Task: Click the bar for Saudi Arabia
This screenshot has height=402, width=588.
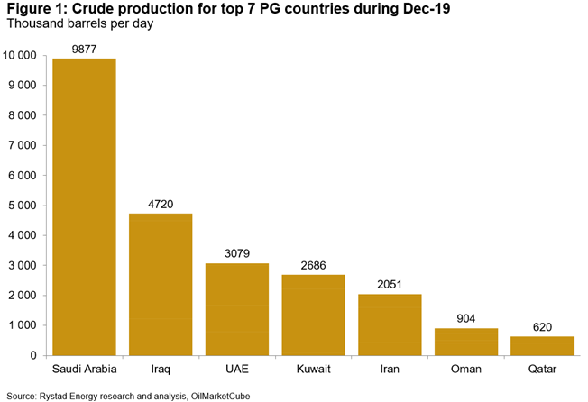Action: click(84, 206)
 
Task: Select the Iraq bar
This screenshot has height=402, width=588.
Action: click(161, 284)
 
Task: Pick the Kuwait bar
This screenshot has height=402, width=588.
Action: click(313, 315)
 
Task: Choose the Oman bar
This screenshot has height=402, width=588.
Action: click(466, 342)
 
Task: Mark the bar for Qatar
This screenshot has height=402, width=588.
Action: click(542, 346)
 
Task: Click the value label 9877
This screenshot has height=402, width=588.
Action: click(84, 49)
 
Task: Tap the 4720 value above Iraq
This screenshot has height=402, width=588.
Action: click(161, 204)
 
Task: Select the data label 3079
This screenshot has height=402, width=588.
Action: click(237, 253)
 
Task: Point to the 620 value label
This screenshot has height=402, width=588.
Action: click(542, 327)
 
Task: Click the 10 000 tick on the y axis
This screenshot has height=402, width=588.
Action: click(20, 56)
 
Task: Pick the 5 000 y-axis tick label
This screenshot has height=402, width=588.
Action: click(23, 206)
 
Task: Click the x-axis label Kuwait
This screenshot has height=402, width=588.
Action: click(313, 370)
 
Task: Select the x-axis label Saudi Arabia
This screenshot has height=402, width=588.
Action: click(84, 370)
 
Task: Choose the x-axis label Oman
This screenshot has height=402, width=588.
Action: click(466, 370)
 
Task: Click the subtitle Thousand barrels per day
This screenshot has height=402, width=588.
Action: click(79, 24)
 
